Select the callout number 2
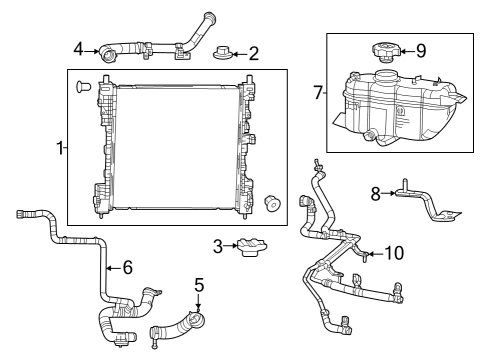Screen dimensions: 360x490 point(253,53)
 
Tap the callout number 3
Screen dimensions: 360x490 point(217,246)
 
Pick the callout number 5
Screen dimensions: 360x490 point(199,284)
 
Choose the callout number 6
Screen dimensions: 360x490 point(126,266)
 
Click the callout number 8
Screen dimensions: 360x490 point(376,194)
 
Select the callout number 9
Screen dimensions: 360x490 point(421,49)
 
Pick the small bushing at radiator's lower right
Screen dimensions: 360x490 point(270,203)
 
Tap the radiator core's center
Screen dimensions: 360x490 point(175,148)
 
